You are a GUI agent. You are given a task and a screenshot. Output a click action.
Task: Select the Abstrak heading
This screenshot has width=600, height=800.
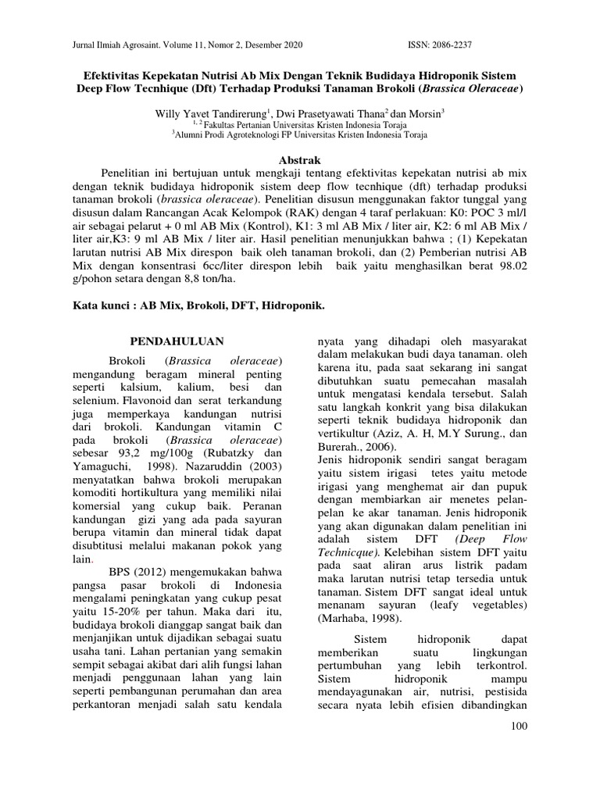301,158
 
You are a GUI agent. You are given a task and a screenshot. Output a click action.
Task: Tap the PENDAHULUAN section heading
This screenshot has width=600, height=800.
177,341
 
